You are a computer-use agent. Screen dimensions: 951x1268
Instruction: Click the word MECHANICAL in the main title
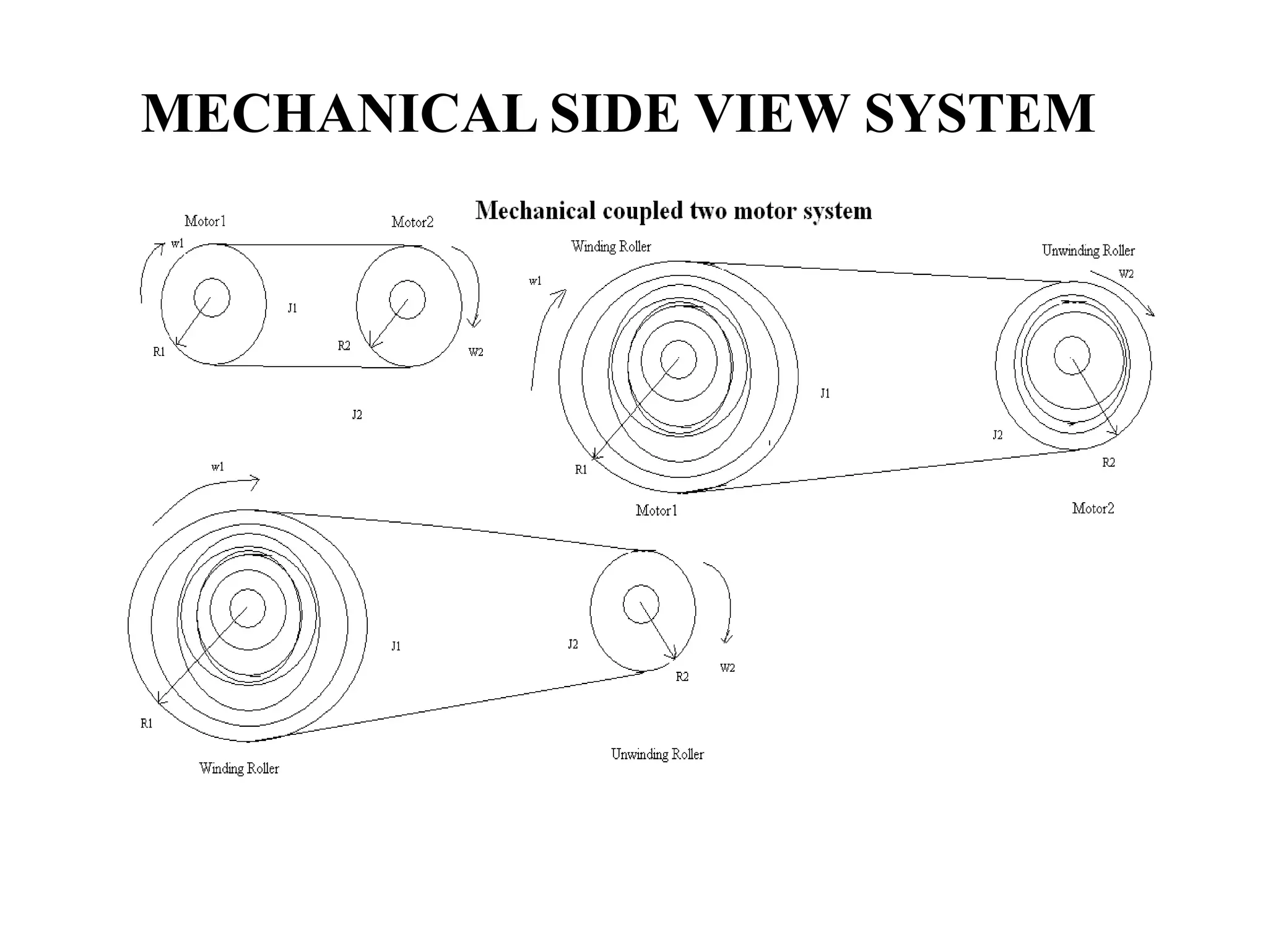coord(339,113)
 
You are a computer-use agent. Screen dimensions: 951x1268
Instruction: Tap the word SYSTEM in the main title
coord(979,113)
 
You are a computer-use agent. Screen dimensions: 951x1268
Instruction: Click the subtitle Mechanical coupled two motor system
coord(674,211)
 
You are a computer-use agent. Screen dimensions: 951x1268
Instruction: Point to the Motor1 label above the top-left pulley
coord(206,221)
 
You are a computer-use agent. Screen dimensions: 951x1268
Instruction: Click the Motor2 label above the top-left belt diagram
coord(412,222)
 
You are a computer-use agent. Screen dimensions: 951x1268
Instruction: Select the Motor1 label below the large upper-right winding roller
coord(656,510)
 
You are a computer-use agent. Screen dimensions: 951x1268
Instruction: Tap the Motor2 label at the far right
coord(1093,508)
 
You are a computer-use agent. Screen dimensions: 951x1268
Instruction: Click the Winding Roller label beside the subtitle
coord(611,246)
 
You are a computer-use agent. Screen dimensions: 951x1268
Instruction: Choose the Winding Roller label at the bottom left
coord(239,768)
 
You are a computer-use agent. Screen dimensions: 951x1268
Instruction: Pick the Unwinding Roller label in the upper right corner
coord(1088,251)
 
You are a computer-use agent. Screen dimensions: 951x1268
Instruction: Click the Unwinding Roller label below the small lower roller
coord(658,754)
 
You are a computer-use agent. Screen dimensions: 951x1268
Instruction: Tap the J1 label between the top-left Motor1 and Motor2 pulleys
coord(292,308)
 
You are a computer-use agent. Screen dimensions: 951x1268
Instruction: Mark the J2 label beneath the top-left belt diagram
coord(357,415)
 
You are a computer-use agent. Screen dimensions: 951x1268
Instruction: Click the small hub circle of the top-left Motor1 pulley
coord(212,298)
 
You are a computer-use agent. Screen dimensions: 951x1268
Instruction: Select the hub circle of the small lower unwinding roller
coord(641,604)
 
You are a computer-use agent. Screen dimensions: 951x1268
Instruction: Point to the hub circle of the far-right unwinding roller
coord(1072,355)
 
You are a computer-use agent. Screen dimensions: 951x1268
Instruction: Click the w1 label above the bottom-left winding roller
coord(217,467)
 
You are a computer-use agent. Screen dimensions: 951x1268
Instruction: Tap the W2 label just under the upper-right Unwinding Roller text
coord(1126,274)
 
